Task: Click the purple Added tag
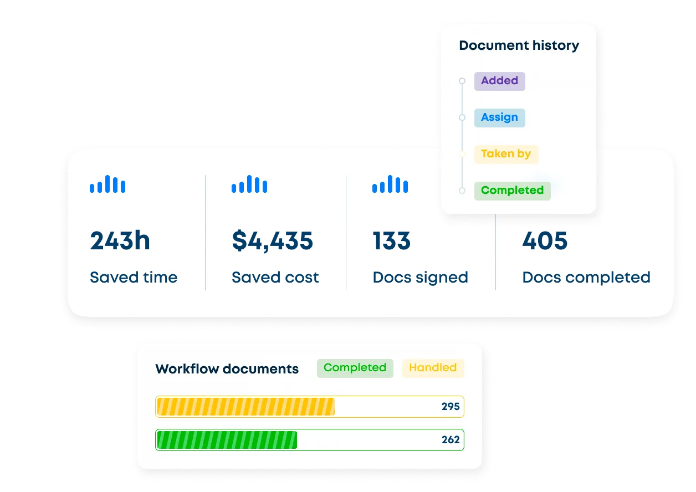pyautogui.click(x=500, y=81)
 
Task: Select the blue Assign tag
pyautogui.click(x=500, y=117)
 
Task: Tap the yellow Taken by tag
pyautogui.click(x=506, y=155)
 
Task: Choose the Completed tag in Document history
pyautogui.click(x=513, y=191)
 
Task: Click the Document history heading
pyautogui.click(x=519, y=45)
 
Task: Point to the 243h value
pyautogui.click(x=120, y=240)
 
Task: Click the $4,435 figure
pyautogui.click(x=272, y=240)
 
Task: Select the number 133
pyautogui.click(x=391, y=240)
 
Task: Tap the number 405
pyautogui.click(x=545, y=240)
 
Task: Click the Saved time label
pyautogui.click(x=134, y=277)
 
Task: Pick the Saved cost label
pyautogui.click(x=275, y=277)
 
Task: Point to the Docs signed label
pyautogui.click(x=420, y=278)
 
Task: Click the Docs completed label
pyautogui.click(x=586, y=278)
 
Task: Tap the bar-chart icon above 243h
pyautogui.click(x=108, y=184)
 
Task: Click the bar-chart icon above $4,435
pyautogui.click(x=249, y=184)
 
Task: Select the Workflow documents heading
pyautogui.click(x=227, y=368)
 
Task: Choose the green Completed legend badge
pyautogui.click(x=355, y=368)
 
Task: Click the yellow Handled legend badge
pyautogui.click(x=433, y=368)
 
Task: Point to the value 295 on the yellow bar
pyautogui.click(x=450, y=406)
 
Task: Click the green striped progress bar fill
pyautogui.click(x=227, y=440)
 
